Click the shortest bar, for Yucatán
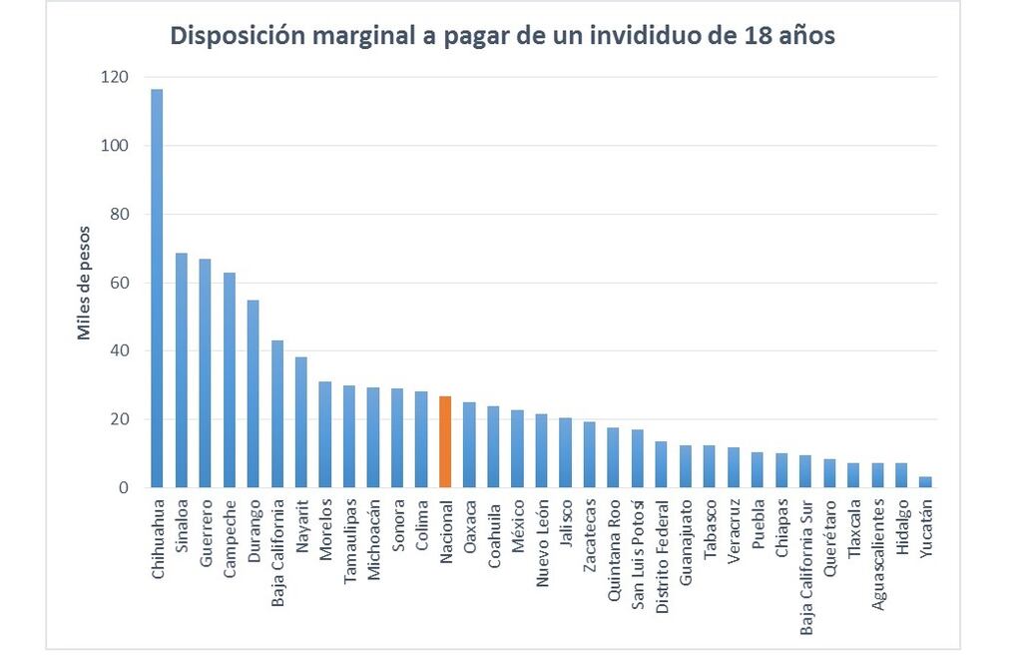(x=925, y=482)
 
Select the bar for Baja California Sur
(x=805, y=471)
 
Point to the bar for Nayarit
(x=301, y=423)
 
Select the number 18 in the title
(x=758, y=36)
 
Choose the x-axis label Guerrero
(x=206, y=529)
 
